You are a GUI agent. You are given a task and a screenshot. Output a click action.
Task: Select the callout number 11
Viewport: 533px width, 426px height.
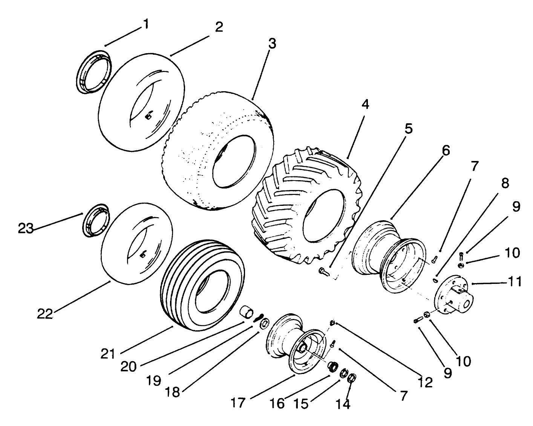(511, 282)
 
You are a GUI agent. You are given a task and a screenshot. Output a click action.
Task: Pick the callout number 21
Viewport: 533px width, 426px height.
(108, 353)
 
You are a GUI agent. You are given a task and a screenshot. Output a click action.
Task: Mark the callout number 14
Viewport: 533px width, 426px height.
(343, 403)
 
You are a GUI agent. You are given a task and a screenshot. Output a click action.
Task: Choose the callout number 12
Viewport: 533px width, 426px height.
(425, 382)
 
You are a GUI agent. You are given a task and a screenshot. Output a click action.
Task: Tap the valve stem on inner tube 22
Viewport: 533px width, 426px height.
(143, 255)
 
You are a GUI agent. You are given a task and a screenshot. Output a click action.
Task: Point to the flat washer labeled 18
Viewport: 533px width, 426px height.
(264, 323)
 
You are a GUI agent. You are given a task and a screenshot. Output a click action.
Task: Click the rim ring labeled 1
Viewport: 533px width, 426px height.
(94, 72)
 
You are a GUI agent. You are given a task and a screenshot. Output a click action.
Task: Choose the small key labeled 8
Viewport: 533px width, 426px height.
(435, 280)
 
